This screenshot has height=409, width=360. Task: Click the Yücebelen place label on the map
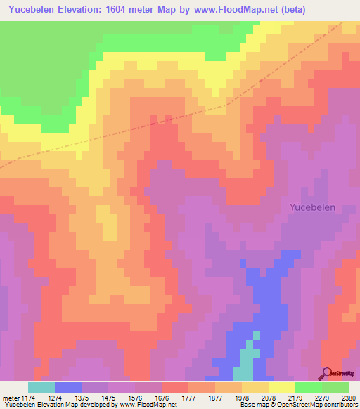[x=313, y=208]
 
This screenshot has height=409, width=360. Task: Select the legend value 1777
[x=189, y=398]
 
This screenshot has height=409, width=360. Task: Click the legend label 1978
[x=242, y=398]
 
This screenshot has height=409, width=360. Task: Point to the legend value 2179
[x=295, y=398]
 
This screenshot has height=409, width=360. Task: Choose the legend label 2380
[x=347, y=398]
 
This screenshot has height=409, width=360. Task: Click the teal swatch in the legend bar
[x=41, y=387]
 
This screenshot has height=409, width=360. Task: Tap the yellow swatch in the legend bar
[x=281, y=387]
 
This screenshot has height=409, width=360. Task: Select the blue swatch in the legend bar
[x=68, y=387]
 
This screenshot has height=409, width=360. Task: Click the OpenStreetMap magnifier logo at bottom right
[x=326, y=372]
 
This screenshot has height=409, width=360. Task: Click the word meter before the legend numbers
[x=11, y=398]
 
